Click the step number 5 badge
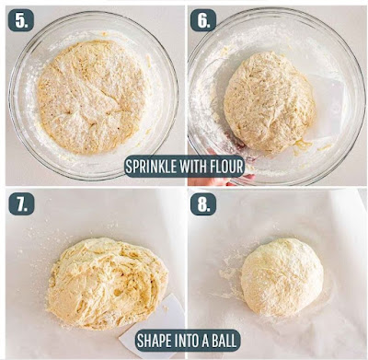(21, 20)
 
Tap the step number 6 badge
(203, 20)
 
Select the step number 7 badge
(21, 203)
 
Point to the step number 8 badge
(203, 203)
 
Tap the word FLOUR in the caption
(226, 167)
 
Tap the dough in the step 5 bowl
(92, 97)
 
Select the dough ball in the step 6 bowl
(270, 103)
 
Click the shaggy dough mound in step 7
(108, 284)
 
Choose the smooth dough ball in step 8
(282, 277)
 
